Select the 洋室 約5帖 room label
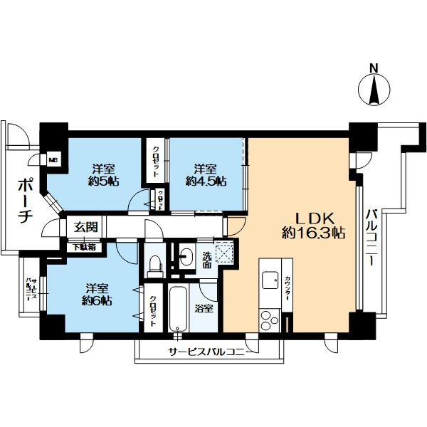coord(103,176)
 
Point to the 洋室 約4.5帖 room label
coord(206,176)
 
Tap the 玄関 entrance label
coord(85,228)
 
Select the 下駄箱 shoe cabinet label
coord(84,248)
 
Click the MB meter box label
coord(53,159)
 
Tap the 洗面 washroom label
coord(206,260)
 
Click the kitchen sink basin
coord(271,280)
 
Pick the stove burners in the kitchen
coord(270,317)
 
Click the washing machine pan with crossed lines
coord(226,252)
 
